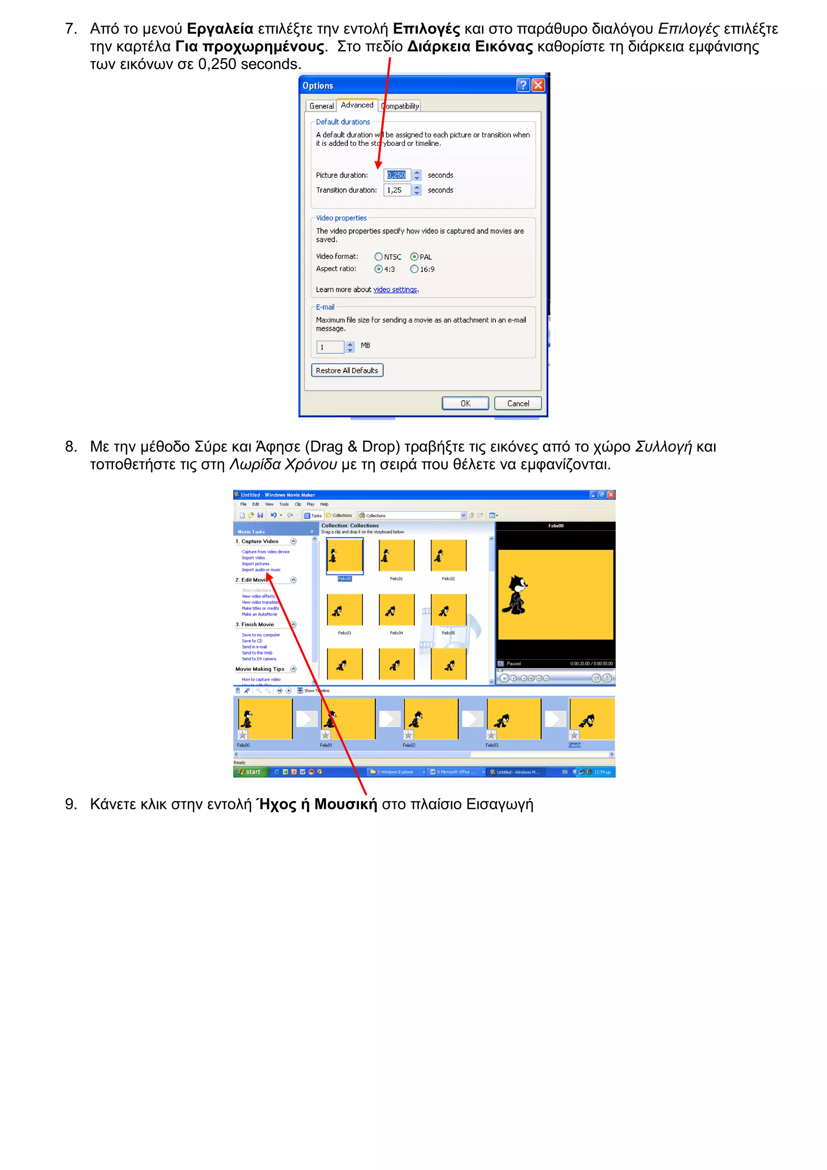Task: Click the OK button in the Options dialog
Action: pos(465,403)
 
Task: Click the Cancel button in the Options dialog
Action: pos(518,403)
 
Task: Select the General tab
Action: pos(321,106)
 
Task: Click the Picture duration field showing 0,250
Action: pos(397,175)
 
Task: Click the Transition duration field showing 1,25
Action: pos(397,190)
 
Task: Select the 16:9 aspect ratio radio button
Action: pos(414,269)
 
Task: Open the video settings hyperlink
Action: pos(395,290)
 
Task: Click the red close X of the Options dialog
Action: pos(538,85)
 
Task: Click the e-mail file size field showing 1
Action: pos(330,347)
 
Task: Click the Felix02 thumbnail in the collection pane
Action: pos(448,555)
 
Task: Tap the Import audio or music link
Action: pos(261,570)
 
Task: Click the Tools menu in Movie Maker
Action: pos(284,504)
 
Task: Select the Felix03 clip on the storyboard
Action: pos(513,719)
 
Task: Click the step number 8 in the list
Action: pos(71,447)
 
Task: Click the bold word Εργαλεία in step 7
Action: pos(220,29)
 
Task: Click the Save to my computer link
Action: pos(261,635)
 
